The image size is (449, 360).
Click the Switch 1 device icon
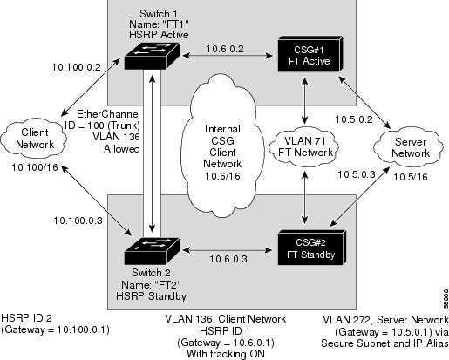click(x=152, y=56)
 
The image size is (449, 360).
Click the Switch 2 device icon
click(x=152, y=251)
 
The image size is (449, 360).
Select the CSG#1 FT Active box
click(x=310, y=54)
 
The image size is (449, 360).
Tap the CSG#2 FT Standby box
click(x=311, y=248)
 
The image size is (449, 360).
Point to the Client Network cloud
click(x=34, y=139)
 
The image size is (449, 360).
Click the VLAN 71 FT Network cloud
click(x=304, y=146)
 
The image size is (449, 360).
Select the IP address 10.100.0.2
click(x=76, y=67)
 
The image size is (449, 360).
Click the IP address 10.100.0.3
click(x=78, y=221)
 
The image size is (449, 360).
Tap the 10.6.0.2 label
click(x=225, y=49)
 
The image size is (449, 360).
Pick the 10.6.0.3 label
click(x=228, y=259)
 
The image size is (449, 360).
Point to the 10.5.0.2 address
click(x=354, y=119)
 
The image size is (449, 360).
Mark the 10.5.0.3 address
click(x=357, y=174)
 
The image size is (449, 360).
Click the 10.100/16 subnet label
click(x=35, y=167)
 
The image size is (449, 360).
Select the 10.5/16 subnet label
click(x=411, y=177)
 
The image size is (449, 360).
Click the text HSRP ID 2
click(x=26, y=318)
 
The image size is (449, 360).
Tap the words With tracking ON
click(x=226, y=354)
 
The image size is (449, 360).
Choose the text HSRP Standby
click(x=151, y=296)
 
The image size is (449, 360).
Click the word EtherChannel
click(x=108, y=113)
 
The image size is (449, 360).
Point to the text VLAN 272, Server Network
click(x=385, y=320)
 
